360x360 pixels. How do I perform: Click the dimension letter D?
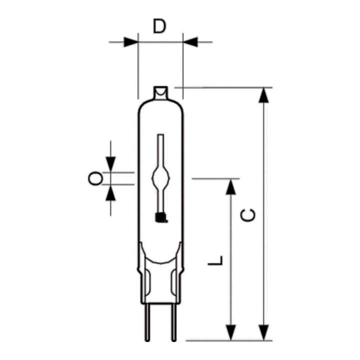point(159,26)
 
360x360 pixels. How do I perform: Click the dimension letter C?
point(247,215)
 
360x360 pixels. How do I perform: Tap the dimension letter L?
point(215,260)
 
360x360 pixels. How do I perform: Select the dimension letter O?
point(95,178)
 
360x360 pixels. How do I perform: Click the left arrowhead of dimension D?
point(131,42)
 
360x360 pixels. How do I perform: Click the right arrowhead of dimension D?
point(190,42)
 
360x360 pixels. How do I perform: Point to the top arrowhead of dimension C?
point(263,95)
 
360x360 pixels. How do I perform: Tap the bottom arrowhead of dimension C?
point(263,332)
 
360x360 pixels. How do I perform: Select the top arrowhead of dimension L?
point(230,187)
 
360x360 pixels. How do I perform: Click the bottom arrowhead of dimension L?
point(230,332)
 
